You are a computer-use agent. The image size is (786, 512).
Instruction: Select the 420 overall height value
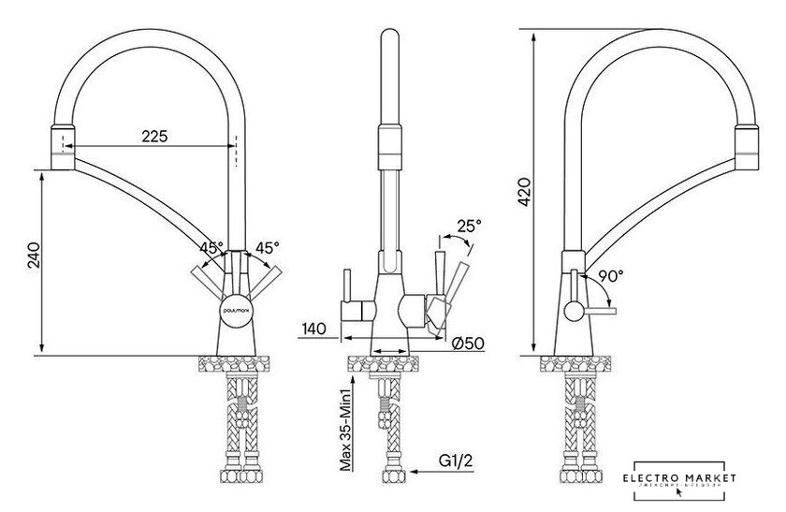[527, 193]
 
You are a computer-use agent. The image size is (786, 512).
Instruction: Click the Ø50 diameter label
[467, 343]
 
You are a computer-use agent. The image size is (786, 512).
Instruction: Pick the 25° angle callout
[469, 226]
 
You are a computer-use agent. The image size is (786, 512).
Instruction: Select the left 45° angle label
[211, 248]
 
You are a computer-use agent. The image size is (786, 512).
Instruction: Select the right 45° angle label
[269, 248]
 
